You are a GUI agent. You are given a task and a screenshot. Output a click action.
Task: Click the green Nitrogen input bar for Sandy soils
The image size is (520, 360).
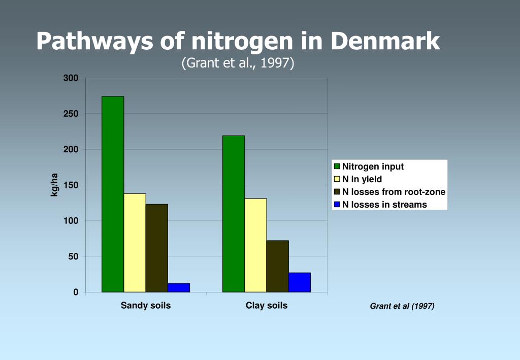pos(113,194)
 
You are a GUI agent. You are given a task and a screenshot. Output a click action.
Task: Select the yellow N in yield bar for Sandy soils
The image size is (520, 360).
pos(135,243)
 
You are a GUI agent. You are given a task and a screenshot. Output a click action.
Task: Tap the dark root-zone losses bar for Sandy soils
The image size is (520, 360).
pos(156,248)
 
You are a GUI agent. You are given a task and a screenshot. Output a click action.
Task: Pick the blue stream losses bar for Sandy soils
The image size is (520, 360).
pos(179,288)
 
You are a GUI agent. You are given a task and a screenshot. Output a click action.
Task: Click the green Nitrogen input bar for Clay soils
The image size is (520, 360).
pos(234,214)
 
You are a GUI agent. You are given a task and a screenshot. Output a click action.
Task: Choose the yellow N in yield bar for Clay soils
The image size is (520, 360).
pos(255,245)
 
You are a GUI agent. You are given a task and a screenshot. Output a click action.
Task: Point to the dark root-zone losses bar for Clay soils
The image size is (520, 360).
pos(277,266)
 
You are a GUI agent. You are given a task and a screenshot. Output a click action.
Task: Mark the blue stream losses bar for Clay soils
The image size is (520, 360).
pos(300,282)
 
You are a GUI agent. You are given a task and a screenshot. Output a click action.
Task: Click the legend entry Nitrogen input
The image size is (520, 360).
pos(373,167)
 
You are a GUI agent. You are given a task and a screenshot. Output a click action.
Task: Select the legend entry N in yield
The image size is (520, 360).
pos(362,179)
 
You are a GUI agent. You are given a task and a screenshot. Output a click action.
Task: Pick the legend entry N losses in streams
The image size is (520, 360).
pos(384,205)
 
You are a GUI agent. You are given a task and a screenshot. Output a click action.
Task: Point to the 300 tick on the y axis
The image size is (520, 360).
pos(71,78)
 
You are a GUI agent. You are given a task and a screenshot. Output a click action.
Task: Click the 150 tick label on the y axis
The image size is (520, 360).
pos(71,185)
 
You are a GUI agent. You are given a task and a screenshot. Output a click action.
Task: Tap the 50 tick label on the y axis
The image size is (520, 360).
pos(73,257)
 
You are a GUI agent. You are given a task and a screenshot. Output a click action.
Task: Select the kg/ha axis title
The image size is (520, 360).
pos(54,185)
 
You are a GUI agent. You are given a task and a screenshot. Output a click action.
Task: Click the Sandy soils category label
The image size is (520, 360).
pos(146,306)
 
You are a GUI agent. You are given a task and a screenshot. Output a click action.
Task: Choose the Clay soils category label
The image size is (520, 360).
pos(267,306)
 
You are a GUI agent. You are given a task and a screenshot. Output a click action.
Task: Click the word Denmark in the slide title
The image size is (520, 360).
pos(385,41)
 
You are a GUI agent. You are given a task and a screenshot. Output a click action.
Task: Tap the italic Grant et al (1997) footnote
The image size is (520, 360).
pos(402,306)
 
